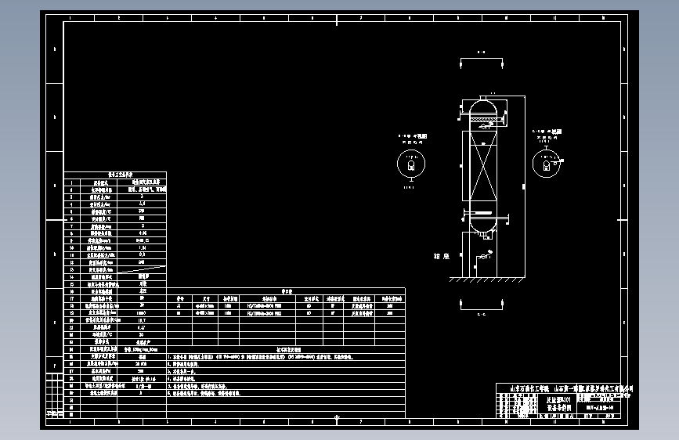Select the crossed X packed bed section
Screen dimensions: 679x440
(482, 168)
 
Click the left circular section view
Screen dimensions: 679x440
(410, 164)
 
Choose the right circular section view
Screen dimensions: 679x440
(546, 163)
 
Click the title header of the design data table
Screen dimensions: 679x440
(114, 176)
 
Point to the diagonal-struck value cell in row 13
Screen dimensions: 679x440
(142, 269)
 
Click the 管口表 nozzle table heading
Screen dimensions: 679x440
(286, 291)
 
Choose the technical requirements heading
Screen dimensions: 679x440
(286, 349)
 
